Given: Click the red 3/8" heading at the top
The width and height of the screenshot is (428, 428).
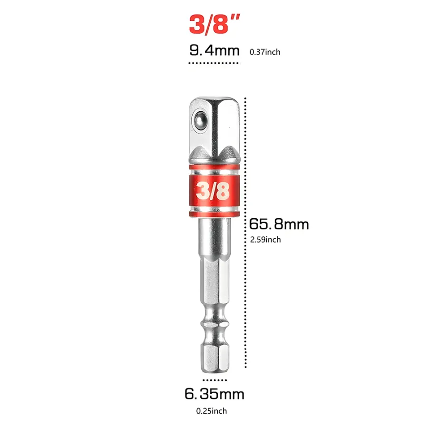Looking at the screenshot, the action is coord(214,25).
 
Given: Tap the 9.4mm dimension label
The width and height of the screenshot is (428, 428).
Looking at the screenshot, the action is coord(214,50).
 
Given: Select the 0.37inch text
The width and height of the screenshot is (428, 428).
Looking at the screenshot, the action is coord(265,52).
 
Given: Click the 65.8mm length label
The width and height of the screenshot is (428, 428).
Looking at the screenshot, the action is coord(279,224).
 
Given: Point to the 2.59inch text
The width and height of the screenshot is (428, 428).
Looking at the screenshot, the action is coord(265,240).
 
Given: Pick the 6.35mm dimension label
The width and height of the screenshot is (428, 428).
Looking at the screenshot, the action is coord(214,394).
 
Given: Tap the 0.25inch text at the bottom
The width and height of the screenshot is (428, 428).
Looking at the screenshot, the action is coord(212,411).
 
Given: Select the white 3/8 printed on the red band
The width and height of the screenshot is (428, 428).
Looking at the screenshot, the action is coord(213,190).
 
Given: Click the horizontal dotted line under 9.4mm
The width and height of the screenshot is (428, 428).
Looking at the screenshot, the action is coord(214,63).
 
